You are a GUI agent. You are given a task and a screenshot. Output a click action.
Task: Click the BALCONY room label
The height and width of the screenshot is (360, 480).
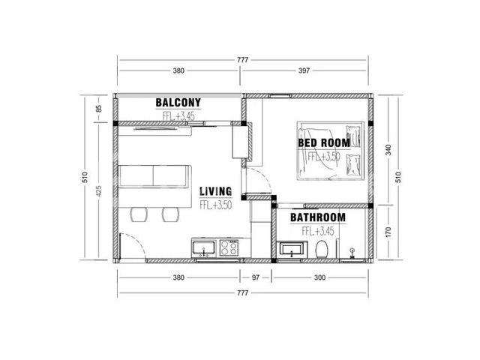178,103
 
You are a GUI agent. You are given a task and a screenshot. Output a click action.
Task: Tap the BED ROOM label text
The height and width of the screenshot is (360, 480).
324,143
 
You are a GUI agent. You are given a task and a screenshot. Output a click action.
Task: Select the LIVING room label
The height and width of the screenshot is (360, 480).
215,191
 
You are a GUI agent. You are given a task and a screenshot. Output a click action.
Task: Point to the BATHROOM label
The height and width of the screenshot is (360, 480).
318,217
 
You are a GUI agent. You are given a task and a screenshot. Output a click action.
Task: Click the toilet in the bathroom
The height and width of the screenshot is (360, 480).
322,249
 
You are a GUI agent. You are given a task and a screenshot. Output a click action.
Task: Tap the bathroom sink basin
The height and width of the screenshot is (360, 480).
292,250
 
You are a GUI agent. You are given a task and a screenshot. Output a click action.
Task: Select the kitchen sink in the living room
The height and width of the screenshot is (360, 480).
204,248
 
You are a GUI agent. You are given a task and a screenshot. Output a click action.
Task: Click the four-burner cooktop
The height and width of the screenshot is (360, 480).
229,248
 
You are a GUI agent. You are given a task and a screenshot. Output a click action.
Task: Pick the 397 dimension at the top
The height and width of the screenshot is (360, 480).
304,70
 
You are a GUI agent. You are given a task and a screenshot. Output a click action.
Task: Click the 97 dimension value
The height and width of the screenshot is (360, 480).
256,277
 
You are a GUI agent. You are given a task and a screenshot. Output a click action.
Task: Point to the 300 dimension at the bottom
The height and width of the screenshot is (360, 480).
319,277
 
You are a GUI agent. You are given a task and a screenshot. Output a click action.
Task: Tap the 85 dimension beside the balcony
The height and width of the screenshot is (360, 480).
98,109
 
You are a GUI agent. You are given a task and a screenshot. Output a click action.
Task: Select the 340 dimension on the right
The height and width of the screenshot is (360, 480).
388,150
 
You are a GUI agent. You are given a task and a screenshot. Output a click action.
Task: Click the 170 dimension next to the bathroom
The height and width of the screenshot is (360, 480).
388,232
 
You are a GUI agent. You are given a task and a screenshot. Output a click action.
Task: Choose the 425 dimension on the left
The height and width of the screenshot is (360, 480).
98,190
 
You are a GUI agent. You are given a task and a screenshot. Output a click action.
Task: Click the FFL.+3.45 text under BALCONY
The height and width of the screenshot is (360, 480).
178,116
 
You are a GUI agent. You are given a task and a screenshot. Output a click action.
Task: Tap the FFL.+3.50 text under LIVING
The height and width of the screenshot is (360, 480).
215,205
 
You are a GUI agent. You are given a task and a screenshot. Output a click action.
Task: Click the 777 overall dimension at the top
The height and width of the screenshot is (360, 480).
242,60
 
